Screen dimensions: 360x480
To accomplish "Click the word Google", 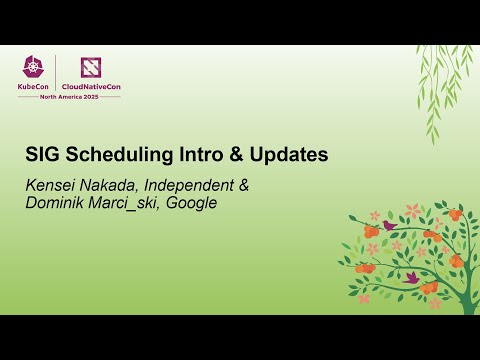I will pos(193,203).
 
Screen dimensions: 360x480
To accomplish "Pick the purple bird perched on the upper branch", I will pos(388,226).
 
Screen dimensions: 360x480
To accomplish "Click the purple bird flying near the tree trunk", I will pos(411,276).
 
